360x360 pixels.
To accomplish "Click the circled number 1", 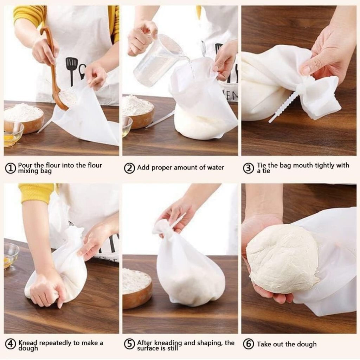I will [x=10, y=168].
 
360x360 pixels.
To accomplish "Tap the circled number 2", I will [x=129, y=168].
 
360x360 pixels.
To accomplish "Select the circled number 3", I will [x=249, y=168].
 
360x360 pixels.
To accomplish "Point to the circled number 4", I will [x=10, y=344].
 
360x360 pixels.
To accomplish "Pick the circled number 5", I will [x=129, y=344].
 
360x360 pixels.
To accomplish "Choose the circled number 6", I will [x=249, y=344].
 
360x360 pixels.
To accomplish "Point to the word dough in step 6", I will [x=306, y=344].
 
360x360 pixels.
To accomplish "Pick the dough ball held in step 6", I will [x=281, y=258].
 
